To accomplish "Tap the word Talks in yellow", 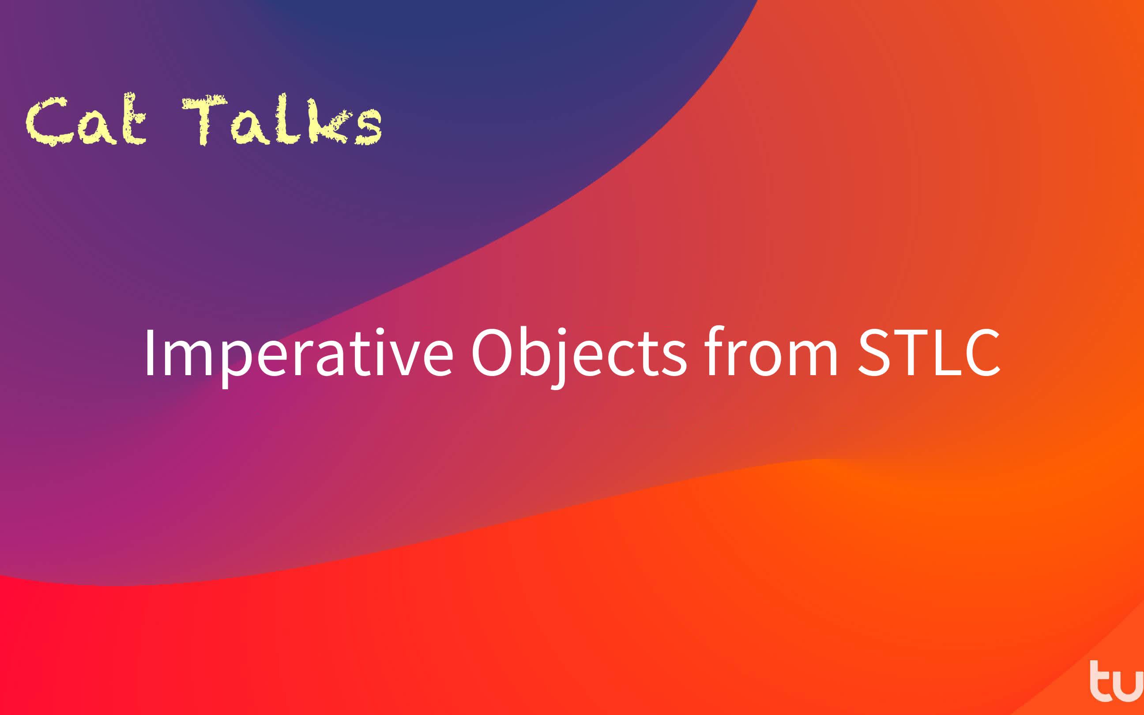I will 282,120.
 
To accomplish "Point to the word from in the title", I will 771,352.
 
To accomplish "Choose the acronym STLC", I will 929,352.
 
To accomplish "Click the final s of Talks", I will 368,127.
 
